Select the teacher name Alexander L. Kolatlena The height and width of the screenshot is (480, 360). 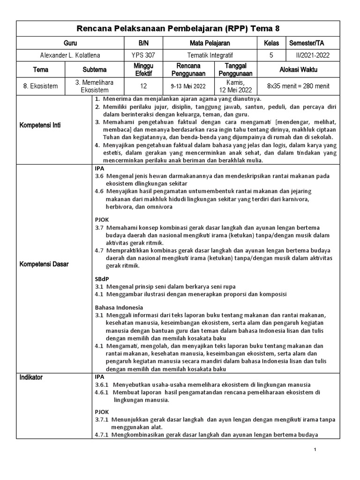click(70, 55)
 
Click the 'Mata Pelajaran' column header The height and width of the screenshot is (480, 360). click(208, 43)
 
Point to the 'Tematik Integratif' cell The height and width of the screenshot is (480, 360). click(208, 55)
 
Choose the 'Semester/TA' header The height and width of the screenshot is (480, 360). click(307, 43)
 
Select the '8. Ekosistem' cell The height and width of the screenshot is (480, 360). click(40, 86)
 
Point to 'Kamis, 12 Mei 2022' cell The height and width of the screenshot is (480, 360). click(236, 86)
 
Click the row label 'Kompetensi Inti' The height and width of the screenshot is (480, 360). click(40, 126)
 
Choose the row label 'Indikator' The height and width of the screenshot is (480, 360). click(34, 377)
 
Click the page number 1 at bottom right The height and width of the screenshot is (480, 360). click(315, 450)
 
